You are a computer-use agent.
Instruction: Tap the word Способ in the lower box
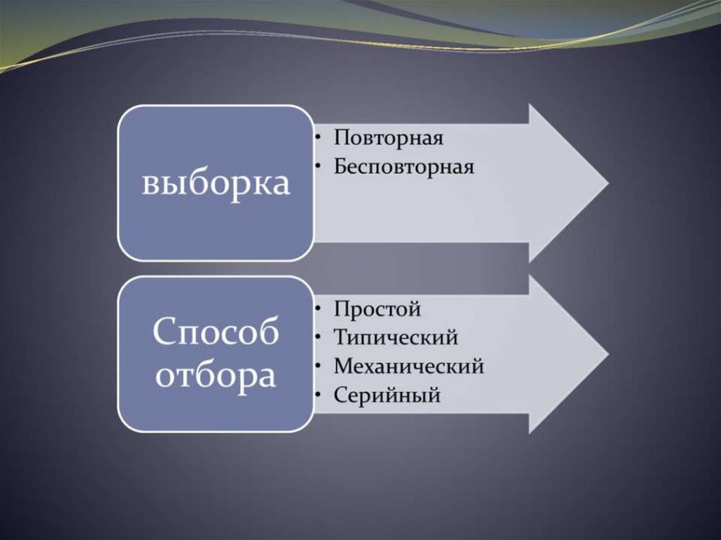215,332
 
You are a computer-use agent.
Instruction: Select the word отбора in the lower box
215,377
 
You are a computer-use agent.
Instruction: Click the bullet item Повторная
388,137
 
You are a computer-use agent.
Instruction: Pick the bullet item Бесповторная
404,168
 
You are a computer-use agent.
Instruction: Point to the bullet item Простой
377,309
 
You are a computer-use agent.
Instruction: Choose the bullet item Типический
396,338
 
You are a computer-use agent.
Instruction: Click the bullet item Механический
409,367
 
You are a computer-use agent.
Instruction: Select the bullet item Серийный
387,396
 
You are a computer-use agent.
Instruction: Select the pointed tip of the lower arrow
607,353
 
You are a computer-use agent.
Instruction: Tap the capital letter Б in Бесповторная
341,168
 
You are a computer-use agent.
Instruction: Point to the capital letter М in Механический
343,367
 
